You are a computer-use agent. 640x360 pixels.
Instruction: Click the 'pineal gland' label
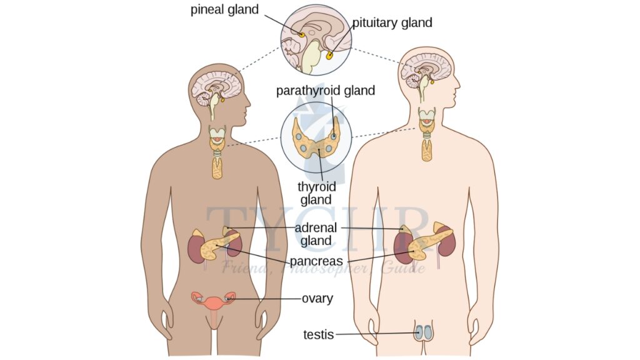pos(224,11)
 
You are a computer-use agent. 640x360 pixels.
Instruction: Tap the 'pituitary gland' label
pos(392,23)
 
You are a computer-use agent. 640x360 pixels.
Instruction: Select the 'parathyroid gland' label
pos(326,91)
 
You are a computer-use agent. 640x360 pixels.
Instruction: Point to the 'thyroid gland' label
pos(316,193)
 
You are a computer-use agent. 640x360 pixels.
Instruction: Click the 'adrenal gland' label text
pos(316,234)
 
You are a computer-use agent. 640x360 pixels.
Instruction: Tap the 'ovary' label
pos(317,299)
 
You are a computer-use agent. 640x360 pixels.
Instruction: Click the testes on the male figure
pos(424,332)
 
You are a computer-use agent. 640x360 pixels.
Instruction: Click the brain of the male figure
pos(427,67)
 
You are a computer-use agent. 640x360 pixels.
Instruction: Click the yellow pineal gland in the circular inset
pos(301,34)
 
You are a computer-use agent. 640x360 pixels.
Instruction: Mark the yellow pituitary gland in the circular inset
pos(329,56)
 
